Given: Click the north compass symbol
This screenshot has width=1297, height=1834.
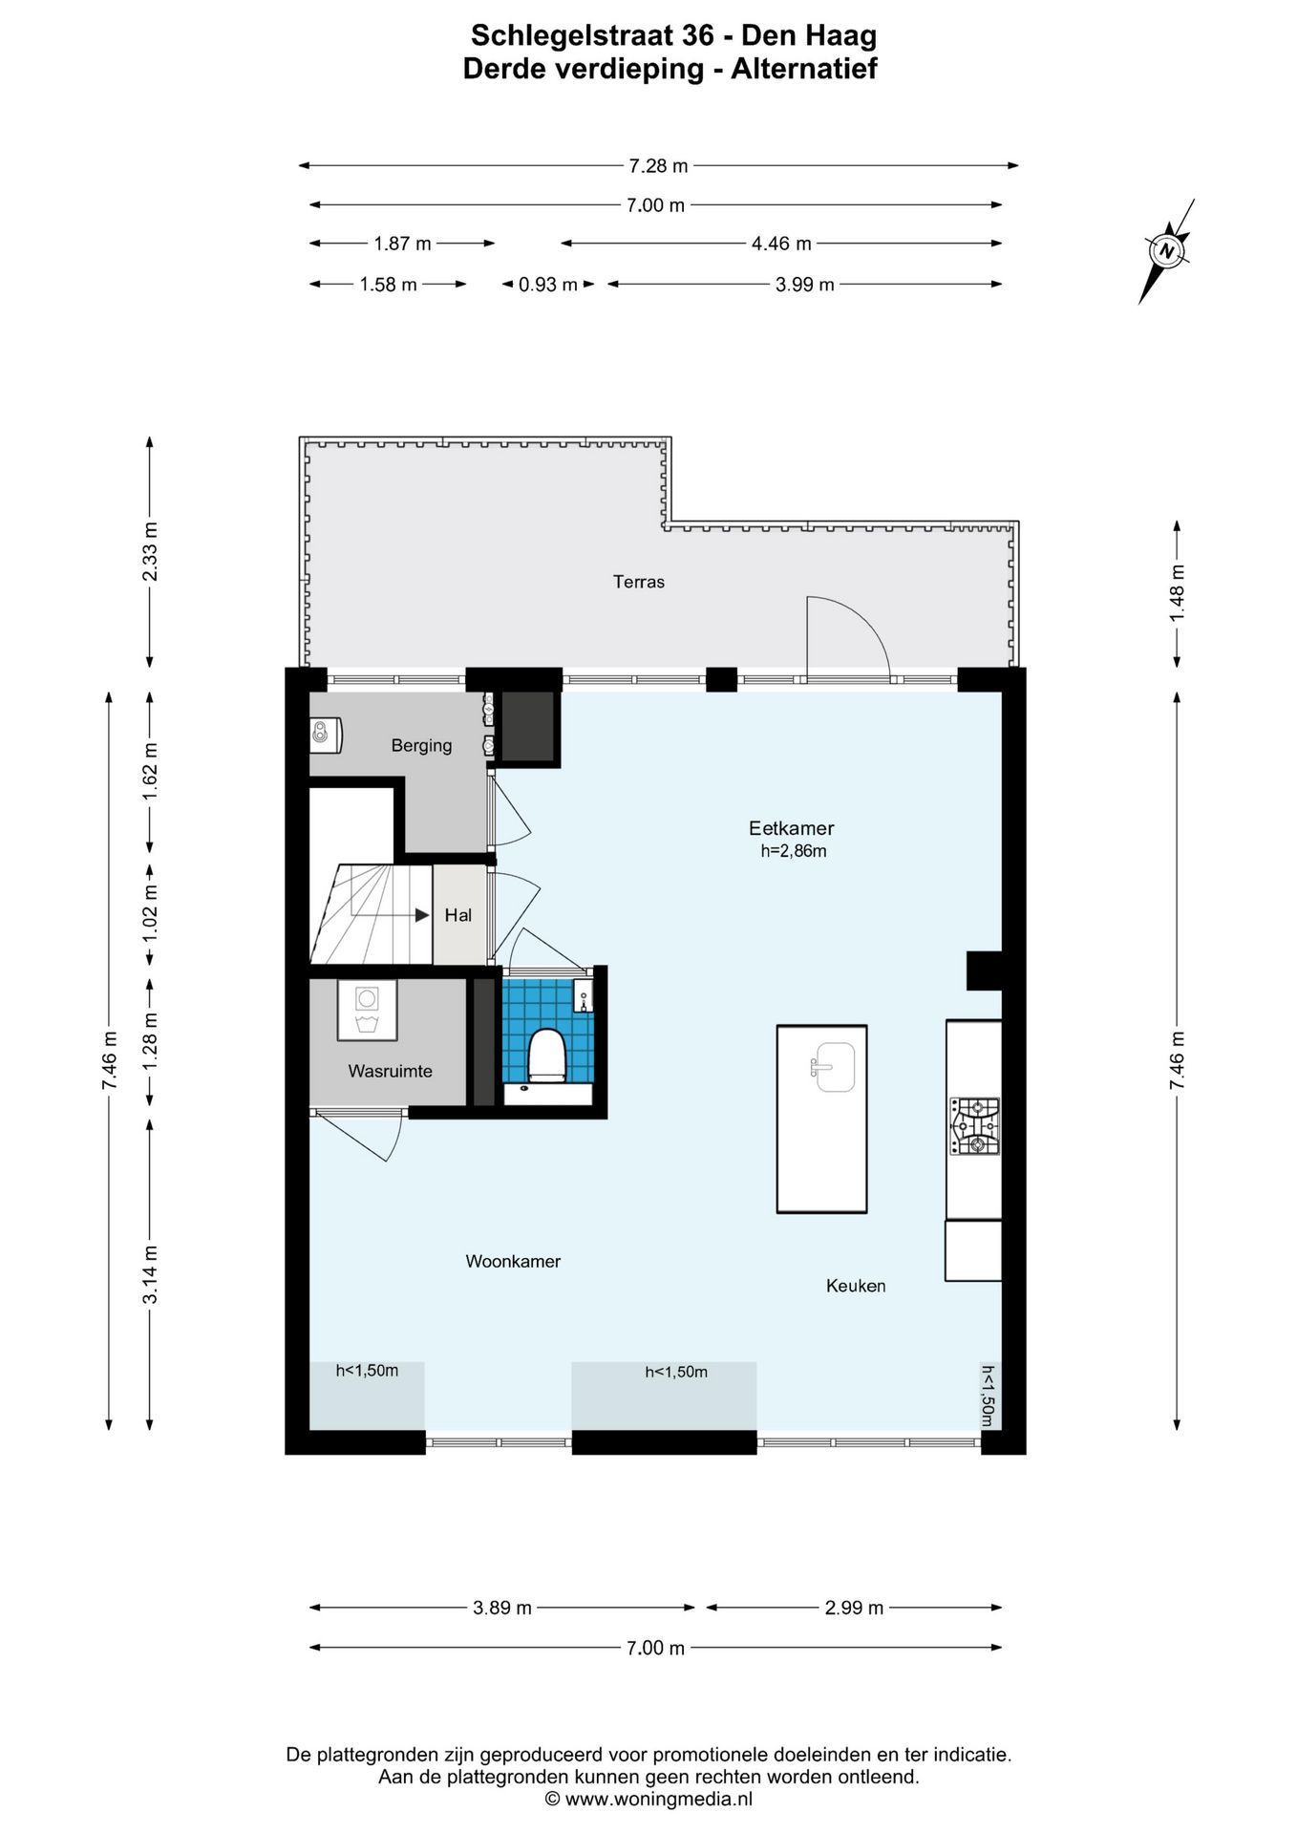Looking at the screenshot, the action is coord(1166,251).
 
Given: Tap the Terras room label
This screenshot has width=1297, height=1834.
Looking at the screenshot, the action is coord(639,582).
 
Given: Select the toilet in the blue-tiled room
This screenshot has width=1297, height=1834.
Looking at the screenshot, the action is coord(547,1056).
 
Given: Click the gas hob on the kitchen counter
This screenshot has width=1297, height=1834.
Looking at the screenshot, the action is coord(974,1126).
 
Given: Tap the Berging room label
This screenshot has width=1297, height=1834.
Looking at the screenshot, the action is coord(421,745).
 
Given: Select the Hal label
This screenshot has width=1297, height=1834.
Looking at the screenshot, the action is coord(458,915).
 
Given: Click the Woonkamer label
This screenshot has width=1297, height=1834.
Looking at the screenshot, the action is coord(513,1261).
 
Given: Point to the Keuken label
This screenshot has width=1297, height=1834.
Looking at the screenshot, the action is coord(856,1286).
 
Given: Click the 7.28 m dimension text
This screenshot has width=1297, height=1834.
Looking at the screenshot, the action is coord(658,165).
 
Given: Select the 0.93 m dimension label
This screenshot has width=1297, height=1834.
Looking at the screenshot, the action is coord(548,284).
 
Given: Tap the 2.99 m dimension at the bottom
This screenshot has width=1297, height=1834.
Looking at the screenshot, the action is coord(854,1608).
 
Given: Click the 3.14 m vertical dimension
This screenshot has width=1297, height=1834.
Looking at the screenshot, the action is coord(150,1275).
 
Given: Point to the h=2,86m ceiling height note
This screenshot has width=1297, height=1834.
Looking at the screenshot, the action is coord(794,851).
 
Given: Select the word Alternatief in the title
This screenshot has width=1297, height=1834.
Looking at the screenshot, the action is coord(804,69).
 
